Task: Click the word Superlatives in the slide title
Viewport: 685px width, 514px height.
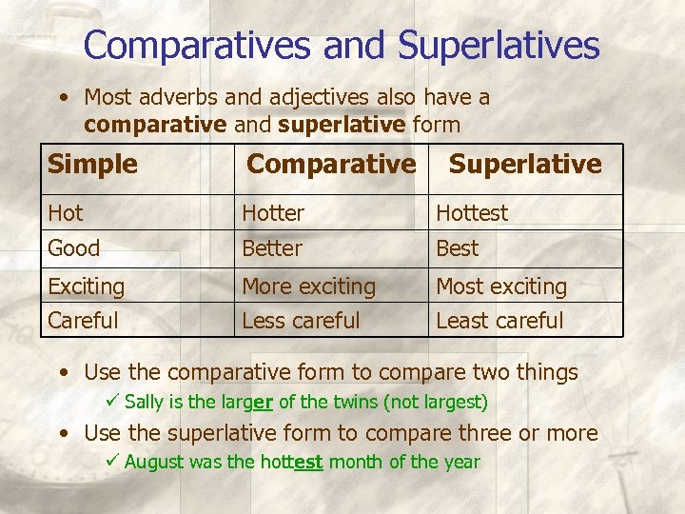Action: [499, 45]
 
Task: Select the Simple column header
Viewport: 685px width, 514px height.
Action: [92, 165]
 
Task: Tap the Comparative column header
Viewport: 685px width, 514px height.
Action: [331, 165]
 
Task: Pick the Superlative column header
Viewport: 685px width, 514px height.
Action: [525, 165]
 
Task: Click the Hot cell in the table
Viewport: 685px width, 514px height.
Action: [66, 213]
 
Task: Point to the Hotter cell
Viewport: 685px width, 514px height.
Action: [273, 213]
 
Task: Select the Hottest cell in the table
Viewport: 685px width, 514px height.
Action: [472, 213]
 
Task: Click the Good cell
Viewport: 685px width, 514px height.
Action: [74, 248]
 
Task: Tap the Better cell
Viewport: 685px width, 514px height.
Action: [272, 248]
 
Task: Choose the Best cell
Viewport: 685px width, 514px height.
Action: [457, 248]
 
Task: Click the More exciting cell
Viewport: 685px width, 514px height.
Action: [309, 286]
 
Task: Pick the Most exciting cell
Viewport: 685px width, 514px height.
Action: [501, 286]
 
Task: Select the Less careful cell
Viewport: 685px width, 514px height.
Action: [301, 321]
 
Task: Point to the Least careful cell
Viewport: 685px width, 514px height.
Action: [499, 321]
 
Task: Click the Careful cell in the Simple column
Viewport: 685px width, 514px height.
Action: [84, 321]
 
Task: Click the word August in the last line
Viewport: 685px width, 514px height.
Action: [150, 463]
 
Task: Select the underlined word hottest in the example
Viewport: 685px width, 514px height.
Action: [291, 463]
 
